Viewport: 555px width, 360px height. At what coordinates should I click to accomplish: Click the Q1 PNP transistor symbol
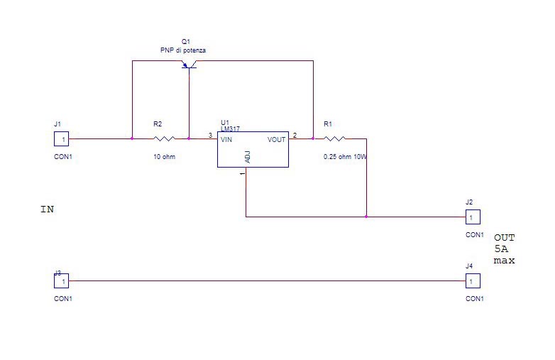click(189, 64)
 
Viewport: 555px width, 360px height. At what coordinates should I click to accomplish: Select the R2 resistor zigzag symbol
click(164, 138)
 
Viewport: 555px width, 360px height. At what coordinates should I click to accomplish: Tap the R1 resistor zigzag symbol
click(334, 138)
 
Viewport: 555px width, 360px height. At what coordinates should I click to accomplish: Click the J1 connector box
click(61, 138)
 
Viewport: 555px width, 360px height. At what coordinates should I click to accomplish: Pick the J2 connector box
click(473, 217)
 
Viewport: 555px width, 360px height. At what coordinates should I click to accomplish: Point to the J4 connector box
click(473, 281)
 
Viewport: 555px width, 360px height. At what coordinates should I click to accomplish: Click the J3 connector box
click(61, 281)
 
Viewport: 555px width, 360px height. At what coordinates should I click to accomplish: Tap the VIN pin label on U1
click(226, 139)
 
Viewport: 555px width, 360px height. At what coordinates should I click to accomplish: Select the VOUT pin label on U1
click(277, 139)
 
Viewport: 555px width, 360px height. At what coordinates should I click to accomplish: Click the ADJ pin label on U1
click(248, 157)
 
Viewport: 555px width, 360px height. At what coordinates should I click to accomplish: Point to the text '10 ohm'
click(164, 156)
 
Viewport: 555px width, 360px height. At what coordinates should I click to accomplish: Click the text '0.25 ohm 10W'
click(345, 156)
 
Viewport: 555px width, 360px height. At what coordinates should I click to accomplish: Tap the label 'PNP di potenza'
click(183, 50)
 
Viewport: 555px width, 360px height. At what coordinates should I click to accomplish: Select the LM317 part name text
click(230, 129)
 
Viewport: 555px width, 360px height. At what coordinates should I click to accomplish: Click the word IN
click(48, 209)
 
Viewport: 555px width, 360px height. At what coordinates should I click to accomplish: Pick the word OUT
click(505, 238)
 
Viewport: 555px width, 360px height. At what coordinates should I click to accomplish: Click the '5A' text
click(501, 249)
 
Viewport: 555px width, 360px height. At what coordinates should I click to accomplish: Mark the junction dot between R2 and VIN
click(189, 138)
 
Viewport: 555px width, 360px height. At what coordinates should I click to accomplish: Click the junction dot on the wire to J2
click(366, 217)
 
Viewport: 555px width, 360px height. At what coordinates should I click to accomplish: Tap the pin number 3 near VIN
click(210, 135)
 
